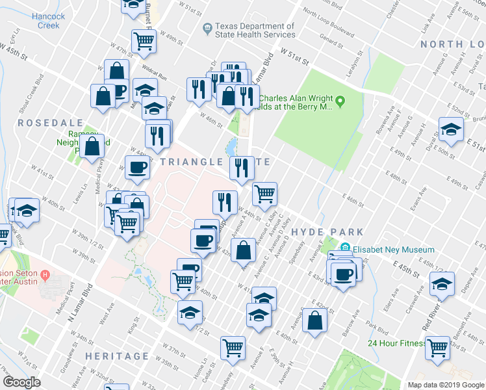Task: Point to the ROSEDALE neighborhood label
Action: (x=51, y=123)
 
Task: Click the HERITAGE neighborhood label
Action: (x=117, y=356)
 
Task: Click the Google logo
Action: (x=22, y=382)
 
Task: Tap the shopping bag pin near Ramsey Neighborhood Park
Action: (x=93, y=146)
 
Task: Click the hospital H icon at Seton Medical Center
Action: (x=45, y=275)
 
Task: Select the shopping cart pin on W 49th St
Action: (x=144, y=40)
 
